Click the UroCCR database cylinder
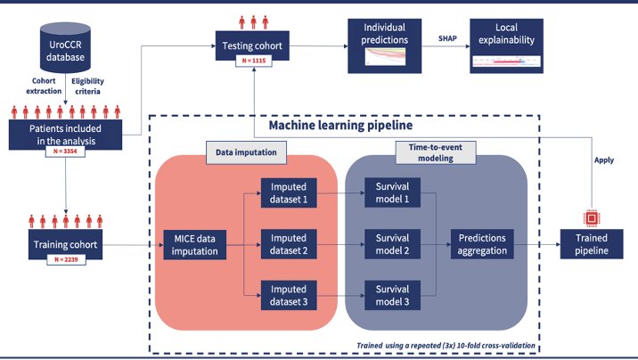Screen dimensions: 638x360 [x=65, y=47]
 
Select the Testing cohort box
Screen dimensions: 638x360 [x=252, y=45]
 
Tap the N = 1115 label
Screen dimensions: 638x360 [x=253, y=61]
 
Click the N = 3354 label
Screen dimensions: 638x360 [x=65, y=151]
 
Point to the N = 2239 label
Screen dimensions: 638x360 [x=66, y=259]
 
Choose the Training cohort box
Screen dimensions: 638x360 [x=65, y=244]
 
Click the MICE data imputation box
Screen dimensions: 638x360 [x=194, y=245]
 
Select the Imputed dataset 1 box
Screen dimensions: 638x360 [x=289, y=192]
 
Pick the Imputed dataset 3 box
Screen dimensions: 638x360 [x=289, y=295]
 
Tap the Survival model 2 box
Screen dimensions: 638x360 [x=392, y=244]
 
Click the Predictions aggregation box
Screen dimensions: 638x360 [x=482, y=244]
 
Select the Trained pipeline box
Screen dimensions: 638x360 [x=592, y=244]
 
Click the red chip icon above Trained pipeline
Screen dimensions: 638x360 [x=592, y=218]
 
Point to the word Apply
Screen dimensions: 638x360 [x=604, y=160]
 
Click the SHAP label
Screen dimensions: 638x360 [x=447, y=38]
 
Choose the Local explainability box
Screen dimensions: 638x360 [x=507, y=46]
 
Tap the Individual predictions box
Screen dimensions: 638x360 [x=385, y=46]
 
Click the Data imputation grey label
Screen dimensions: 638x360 [x=246, y=152]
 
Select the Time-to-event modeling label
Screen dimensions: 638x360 [x=436, y=152]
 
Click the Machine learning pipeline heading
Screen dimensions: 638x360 [x=341, y=126]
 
